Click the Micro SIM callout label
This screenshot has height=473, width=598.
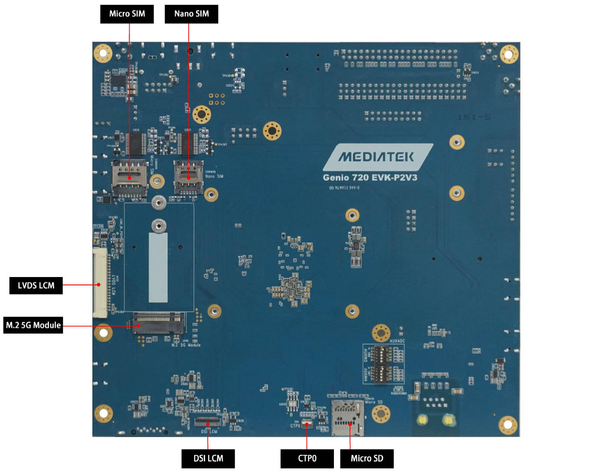tap(127, 14)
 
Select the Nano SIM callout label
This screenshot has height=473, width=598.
tap(191, 14)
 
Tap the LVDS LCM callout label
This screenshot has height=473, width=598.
tap(36, 285)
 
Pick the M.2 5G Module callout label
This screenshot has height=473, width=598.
tap(33, 325)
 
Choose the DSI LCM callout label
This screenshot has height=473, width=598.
tap(208, 458)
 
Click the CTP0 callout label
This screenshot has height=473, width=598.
tap(307, 458)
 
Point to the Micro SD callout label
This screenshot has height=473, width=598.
tap(367, 458)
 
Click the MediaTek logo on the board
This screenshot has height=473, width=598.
tap(376, 157)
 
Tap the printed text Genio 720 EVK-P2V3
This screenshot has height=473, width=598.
tap(370, 177)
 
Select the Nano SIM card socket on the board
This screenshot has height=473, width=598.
tap(189, 176)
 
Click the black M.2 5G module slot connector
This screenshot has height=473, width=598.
tap(158, 323)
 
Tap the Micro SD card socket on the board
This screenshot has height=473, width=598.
tap(348, 418)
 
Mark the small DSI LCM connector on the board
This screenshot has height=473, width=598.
tap(208, 422)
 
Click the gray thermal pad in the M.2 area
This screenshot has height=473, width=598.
tap(158, 267)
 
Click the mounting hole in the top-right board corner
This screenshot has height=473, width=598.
tap(509, 54)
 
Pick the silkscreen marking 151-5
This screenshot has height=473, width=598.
tap(474, 117)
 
